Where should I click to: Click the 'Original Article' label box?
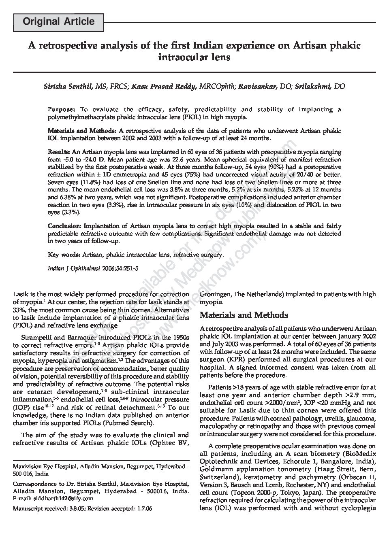click(x=59, y=22)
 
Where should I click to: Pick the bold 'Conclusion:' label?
click(x=65, y=226)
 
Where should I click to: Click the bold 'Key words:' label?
click(x=64, y=255)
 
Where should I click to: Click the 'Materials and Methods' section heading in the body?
click(x=244, y=315)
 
